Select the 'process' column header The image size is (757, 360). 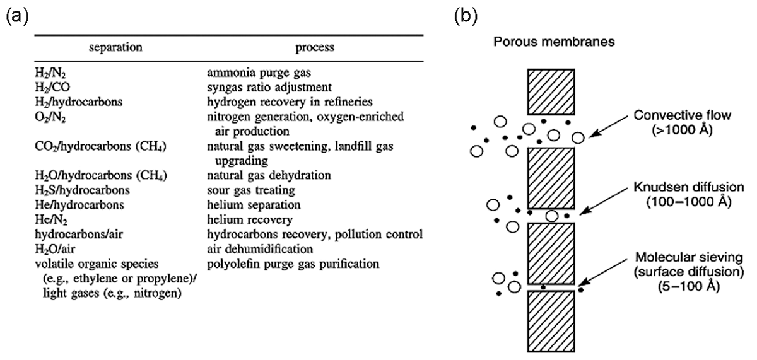(x=314, y=47)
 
